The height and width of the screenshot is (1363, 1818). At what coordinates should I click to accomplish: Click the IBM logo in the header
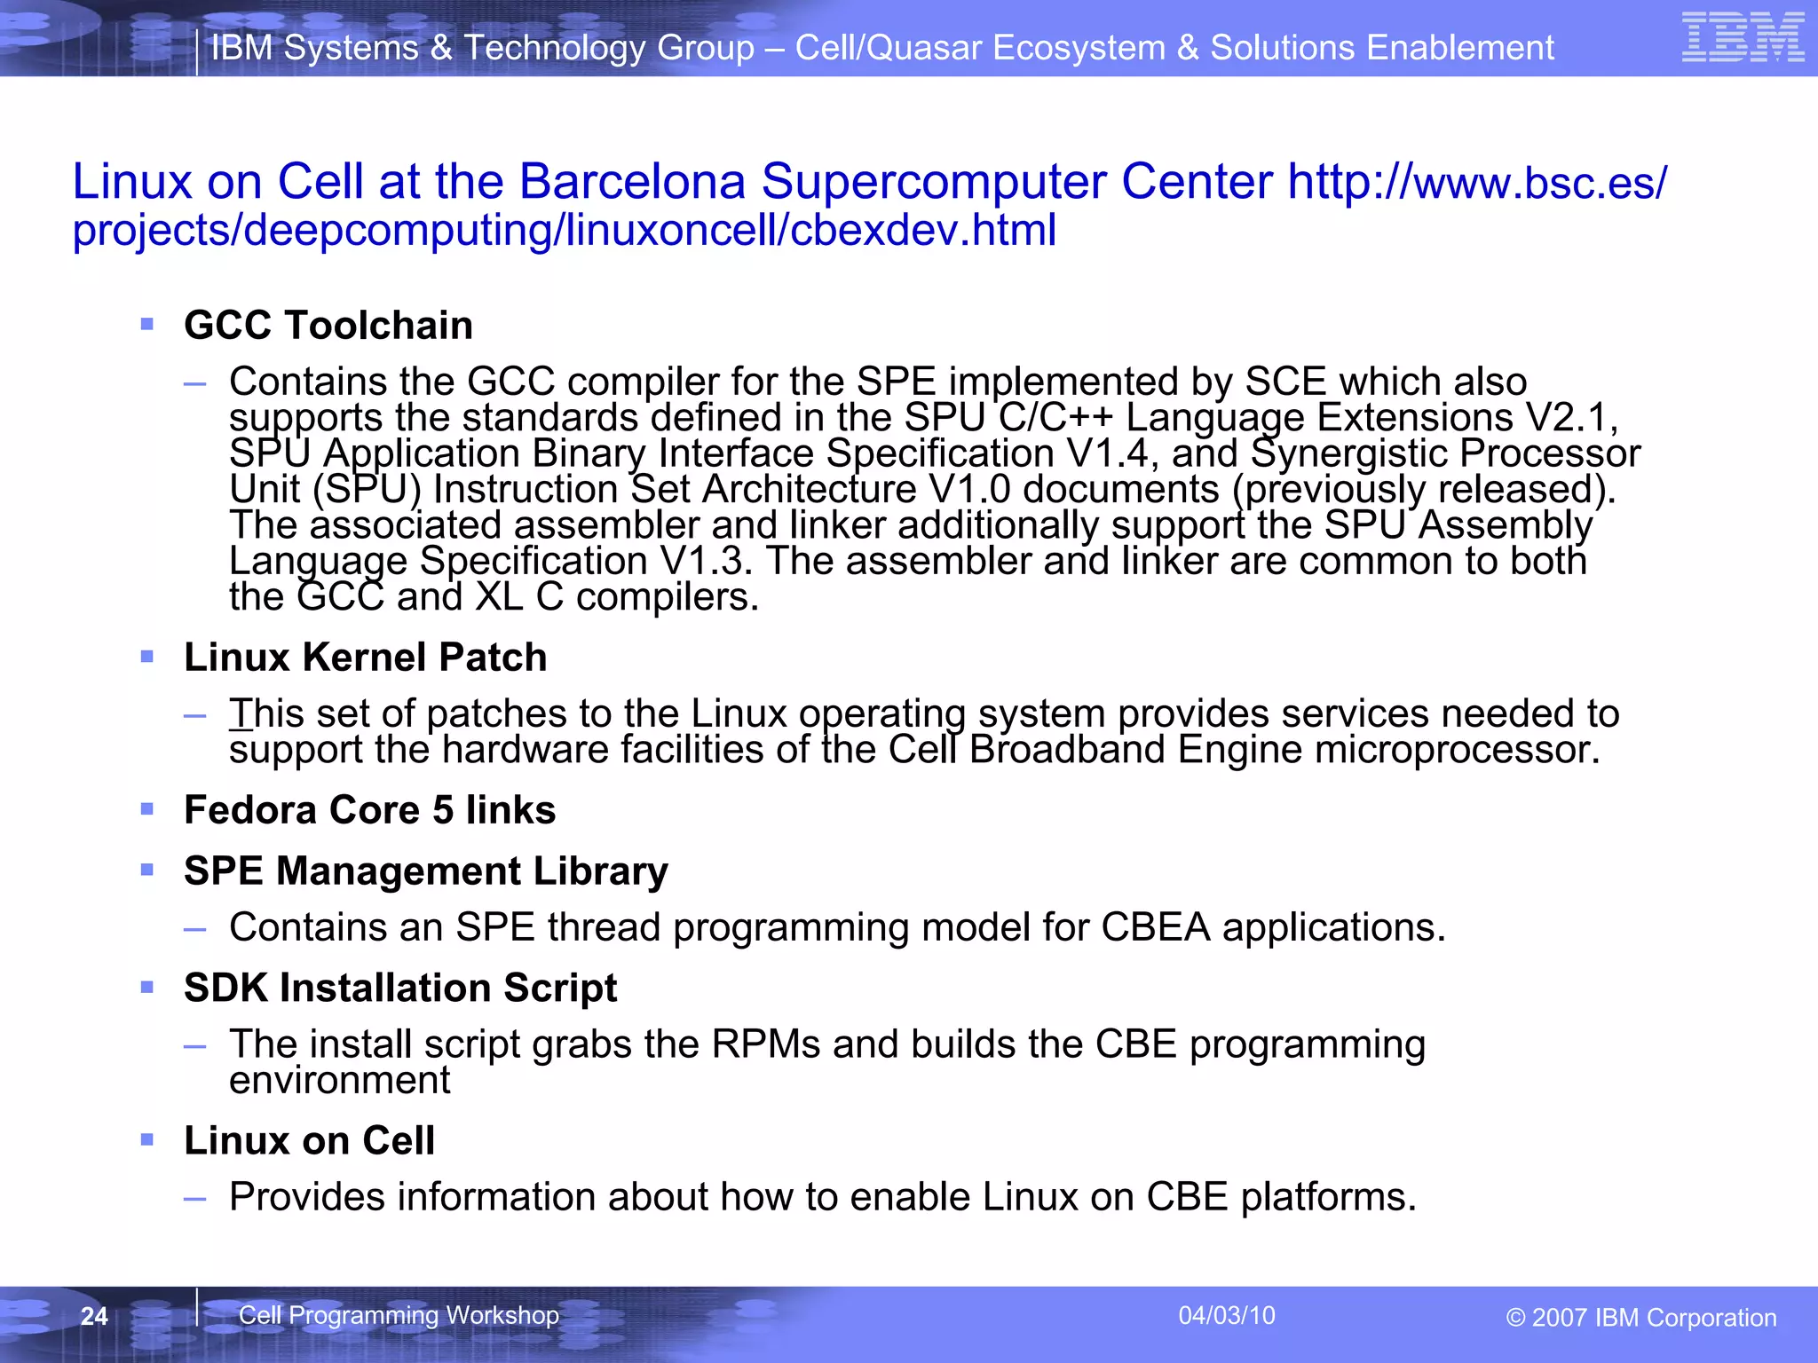coord(1743,38)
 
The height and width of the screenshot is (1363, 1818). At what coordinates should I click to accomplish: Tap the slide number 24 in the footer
coord(94,1316)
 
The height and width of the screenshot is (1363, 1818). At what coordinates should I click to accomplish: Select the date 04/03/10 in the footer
coord(1226,1315)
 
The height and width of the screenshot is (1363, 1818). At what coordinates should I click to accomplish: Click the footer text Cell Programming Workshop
coord(399,1315)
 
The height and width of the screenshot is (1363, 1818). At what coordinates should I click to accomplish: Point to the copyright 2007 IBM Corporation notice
coord(1640,1318)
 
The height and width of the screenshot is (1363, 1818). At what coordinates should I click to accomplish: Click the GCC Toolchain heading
coord(328,325)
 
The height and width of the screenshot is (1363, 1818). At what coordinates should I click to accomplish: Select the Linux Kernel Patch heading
coord(365,658)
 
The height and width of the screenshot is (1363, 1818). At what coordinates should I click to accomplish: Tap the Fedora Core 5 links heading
coord(369,810)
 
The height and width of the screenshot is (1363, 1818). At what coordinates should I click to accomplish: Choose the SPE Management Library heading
coord(425,871)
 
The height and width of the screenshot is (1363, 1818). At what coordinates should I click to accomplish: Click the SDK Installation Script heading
coord(399,988)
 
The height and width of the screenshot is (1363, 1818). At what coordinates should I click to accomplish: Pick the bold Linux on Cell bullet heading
coord(309,1140)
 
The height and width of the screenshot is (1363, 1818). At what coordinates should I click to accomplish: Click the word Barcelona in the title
coord(631,182)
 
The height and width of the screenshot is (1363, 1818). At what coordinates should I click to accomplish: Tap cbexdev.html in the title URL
coord(922,231)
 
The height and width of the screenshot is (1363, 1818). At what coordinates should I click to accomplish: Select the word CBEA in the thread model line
coord(1155,927)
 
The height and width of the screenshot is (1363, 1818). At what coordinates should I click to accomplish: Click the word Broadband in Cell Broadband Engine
coord(1066,750)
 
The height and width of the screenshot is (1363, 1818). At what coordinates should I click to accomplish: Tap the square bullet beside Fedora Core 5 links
coord(147,808)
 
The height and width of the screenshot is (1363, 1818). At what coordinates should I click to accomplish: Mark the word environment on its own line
coord(339,1080)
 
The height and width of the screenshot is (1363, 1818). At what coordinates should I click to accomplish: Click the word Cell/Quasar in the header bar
coord(888,48)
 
